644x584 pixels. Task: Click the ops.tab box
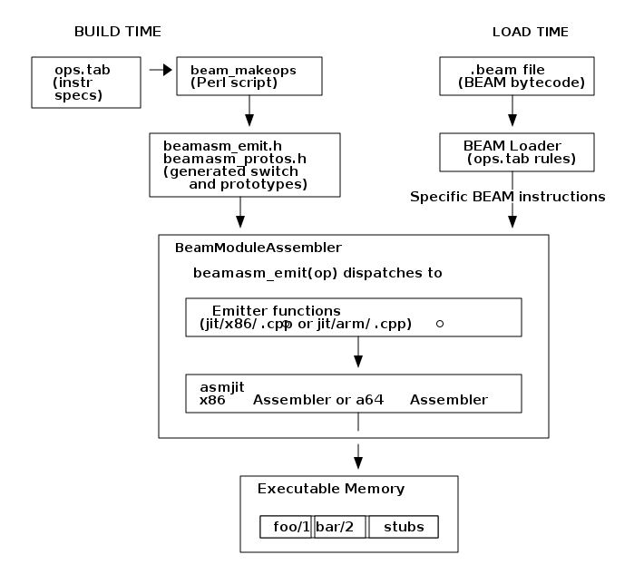pos(85,83)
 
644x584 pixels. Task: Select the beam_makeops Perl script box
pos(249,76)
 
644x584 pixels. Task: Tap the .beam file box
pos(516,76)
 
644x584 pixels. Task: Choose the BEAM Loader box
pos(516,152)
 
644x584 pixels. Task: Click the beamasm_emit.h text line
pos(222,146)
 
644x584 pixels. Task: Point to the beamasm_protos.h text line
pos(234,159)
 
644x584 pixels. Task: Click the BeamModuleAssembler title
pos(258,247)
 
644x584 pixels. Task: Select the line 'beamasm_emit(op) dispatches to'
pos(317,273)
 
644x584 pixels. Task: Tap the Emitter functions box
pos(353,316)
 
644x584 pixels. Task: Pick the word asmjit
pos(222,387)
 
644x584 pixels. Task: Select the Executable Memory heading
pos(330,489)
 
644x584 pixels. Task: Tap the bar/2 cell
pos(340,527)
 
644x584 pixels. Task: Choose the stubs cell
pos(403,527)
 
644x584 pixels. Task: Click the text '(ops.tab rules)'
pos(522,160)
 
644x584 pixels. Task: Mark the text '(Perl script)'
pos(233,83)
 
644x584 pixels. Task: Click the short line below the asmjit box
pos(358,422)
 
